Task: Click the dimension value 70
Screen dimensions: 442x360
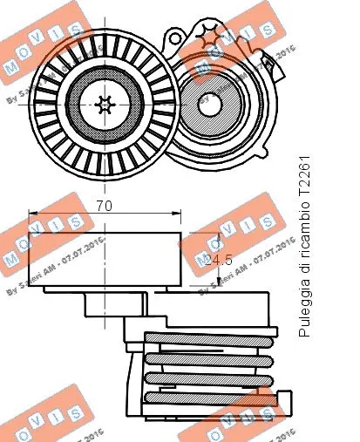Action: point(105,207)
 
